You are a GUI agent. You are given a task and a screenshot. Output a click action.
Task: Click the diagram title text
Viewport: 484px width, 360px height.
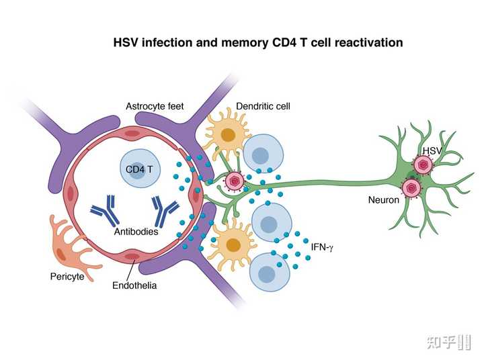(x=258, y=43)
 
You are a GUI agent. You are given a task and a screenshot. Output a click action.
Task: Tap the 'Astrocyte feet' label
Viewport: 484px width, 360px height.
(x=155, y=106)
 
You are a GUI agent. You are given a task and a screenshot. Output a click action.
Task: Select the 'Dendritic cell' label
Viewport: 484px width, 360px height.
(x=264, y=106)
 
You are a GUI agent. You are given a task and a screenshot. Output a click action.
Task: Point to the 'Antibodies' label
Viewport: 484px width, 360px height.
(x=136, y=231)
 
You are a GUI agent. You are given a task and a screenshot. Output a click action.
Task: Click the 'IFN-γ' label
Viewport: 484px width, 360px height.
(x=322, y=248)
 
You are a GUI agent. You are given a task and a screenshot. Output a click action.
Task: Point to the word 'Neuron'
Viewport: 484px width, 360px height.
(x=384, y=199)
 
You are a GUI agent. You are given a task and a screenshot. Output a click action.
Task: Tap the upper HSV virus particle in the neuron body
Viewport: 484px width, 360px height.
(x=424, y=165)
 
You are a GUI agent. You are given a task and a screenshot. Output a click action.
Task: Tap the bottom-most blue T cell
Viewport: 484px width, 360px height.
(x=268, y=274)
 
